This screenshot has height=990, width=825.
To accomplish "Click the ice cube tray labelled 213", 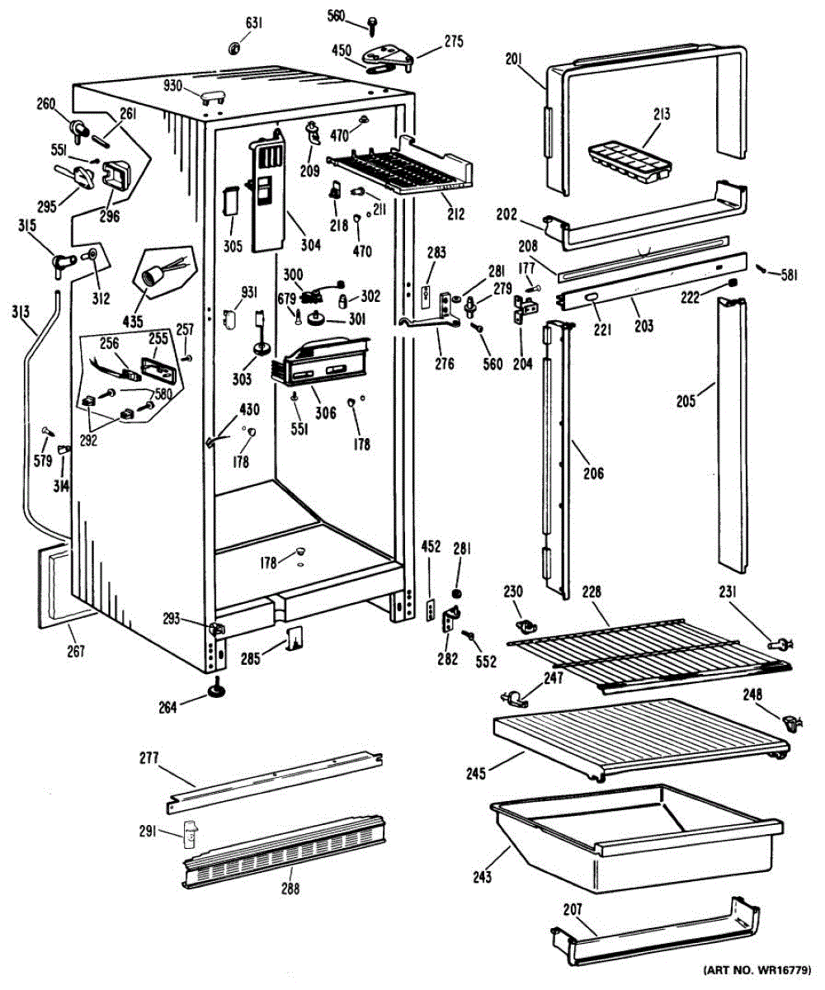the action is pyautogui.click(x=629, y=163).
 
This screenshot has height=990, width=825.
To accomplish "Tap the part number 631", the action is pyautogui.click(x=254, y=23).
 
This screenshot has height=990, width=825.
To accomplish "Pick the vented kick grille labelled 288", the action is pyautogui.click(x=285, y=852).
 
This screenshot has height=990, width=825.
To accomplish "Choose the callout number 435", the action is pyautogui.click(x=133, y=322).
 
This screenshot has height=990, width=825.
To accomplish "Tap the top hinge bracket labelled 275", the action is pyautogui.click(x=387, y=58).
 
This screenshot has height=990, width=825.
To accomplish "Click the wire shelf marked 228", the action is pyautogui.click(x=649, y=655).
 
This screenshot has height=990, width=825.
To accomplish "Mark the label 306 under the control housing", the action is pyautogui.click(x=326, y=412).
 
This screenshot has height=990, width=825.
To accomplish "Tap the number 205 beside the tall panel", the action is pyautogui.click(x=686, y=401).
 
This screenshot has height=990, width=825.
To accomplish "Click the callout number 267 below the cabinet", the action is pyautogui.click(x=76, y=652).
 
